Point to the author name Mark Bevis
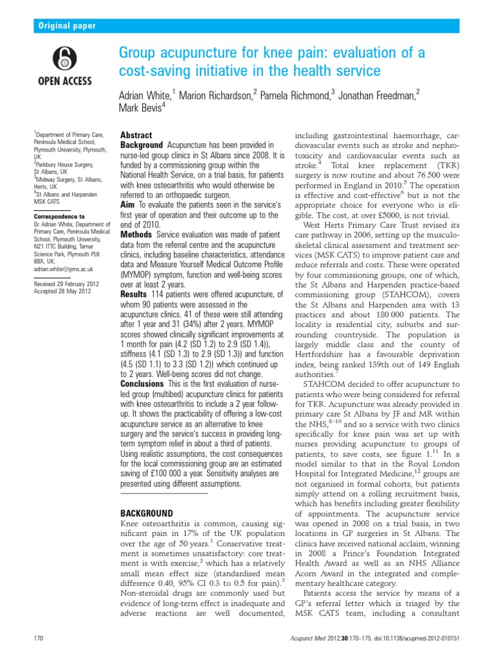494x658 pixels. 142,109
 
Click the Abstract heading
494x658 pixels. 136,136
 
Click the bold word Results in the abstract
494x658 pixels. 134,293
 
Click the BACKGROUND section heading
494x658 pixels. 147,513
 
